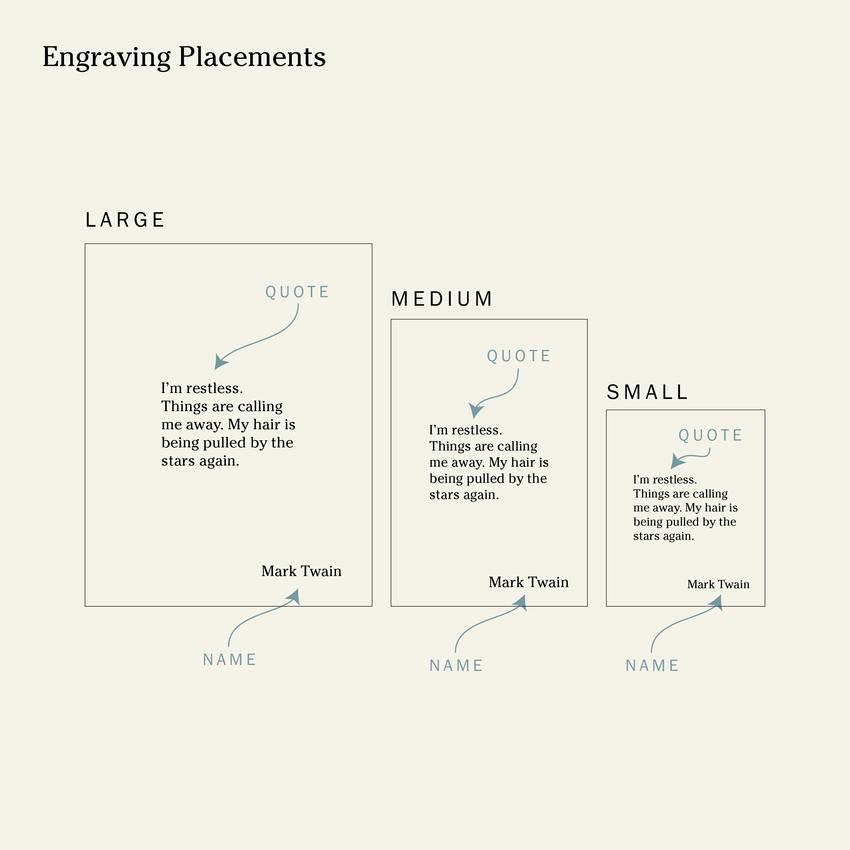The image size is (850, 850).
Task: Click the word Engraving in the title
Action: (x=107, y=57)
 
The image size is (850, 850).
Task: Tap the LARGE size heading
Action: (x=125, y=220)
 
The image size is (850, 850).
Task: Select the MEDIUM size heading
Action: (x=442, y=299)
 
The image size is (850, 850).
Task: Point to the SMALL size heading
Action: (x=647, y=392)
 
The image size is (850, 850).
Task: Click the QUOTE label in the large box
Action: (x=297, y=292)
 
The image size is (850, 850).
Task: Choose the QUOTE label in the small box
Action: (x=710, y=435)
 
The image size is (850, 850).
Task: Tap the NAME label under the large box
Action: (x=229, y=660)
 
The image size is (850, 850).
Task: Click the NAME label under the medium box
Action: (x=456, y=665)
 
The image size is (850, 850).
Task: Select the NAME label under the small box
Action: (x=652, y=665)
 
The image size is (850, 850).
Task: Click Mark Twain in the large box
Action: (x=301, y=571)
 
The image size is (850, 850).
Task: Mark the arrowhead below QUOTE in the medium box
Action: (x=476, y=411)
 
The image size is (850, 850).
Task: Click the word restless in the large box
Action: (x=214, y=388)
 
